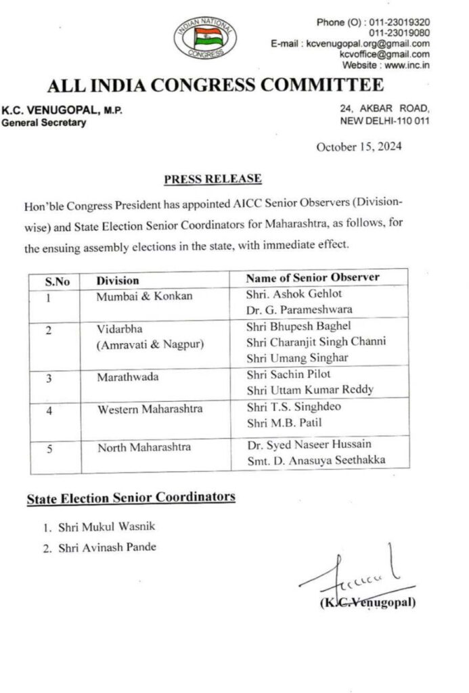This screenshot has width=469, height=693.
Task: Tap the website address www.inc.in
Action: coord(405,65)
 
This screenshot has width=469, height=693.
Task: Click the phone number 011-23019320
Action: coord(399,22)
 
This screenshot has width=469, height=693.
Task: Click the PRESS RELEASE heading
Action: coord(213,179)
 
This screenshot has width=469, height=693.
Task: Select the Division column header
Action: coord(118,280)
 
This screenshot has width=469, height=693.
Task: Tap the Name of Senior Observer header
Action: coord(312,278)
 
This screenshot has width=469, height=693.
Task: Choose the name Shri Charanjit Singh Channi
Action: coord(315,342)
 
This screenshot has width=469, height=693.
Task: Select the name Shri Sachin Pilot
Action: coord(288,374)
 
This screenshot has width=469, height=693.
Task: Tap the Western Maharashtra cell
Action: coord(150,409)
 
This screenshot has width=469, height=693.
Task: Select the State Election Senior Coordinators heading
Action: coord(131,498)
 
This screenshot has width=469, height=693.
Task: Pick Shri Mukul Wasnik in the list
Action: coord(100,527)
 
